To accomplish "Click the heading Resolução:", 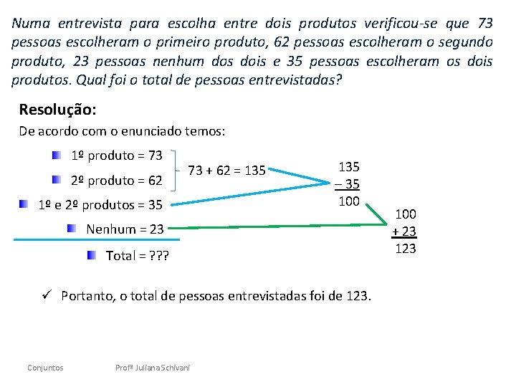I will pyautogui.click(x=57, y=110).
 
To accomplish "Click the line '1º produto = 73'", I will pyautogui.click(x=117, y=156).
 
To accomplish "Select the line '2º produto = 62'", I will pyautogui.click(x=117, y=180).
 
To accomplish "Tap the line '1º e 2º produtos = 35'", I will pyautogui.click(x=100, y=205).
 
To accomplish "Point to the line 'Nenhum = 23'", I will pyautogui.click(x=125, y=229).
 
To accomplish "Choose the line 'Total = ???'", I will pyautogui.click(x=137, y=255).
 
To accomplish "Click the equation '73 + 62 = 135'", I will pyautogui.click(x=226, y=171).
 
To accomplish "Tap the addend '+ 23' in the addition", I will pyautogui.click(x=404, y=231).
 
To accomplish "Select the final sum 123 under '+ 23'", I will pyautogui.click(x=406, y=249).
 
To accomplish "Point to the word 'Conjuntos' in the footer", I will pyautogui.click(x=45, y=368).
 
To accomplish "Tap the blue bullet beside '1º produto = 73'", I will pyautogui.click(x=56, y=155).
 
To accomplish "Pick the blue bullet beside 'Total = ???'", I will pyautogui.click(x=91, y=254).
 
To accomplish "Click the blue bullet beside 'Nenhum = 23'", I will pyautogui.click(x=72, y=229).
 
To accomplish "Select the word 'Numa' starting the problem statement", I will pyautogui.click(x=29, y=22).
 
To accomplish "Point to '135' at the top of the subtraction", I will pyautogui.click(x=349, y=166).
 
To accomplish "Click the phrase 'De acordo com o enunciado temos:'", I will pyautogui.click(x=122, y=131).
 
